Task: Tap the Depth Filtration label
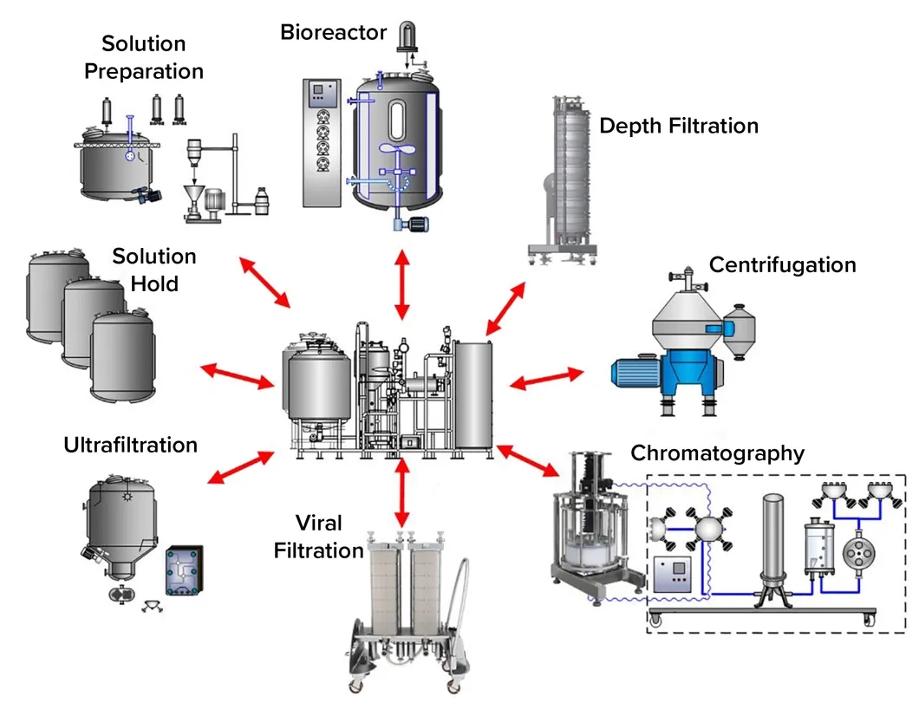(x=678, y=126)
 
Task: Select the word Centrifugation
(x=782, y=264)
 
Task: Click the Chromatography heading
(x=717, y=452)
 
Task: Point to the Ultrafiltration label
(x=130, y=445)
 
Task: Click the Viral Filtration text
(x=318, y=537)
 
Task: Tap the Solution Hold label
(x=154, y=269)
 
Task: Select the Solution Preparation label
(x=143, y=57)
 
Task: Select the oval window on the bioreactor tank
(x=394, y=120)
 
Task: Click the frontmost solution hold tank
(x=123, y=357)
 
